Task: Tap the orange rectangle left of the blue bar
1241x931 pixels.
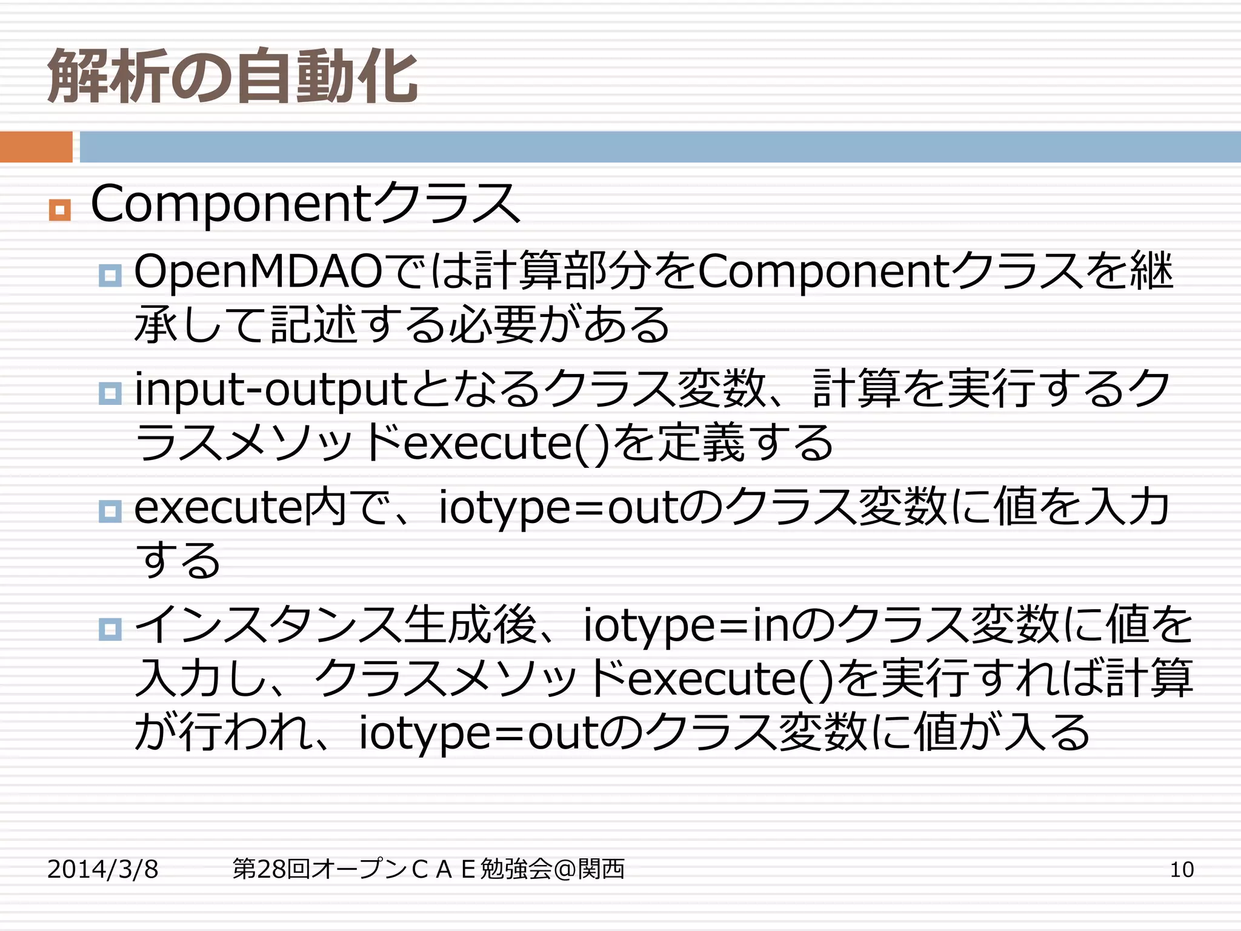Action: (x=36, y=147)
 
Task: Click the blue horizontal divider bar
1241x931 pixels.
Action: (x=659, y=147)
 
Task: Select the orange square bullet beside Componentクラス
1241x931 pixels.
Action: (x=60, y=210)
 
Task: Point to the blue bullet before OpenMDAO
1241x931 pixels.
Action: (x=110, y=276)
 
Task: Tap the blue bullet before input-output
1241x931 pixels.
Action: (x=110, y=393)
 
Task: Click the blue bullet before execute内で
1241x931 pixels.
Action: (x=110, y=511)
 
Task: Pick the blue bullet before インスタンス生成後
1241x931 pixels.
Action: (x=110, y=629)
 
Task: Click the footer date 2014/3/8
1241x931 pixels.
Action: (x=102, y=869)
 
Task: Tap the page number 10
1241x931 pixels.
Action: (x=1181, y=869)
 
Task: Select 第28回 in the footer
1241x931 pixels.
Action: (x=271, y=869)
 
